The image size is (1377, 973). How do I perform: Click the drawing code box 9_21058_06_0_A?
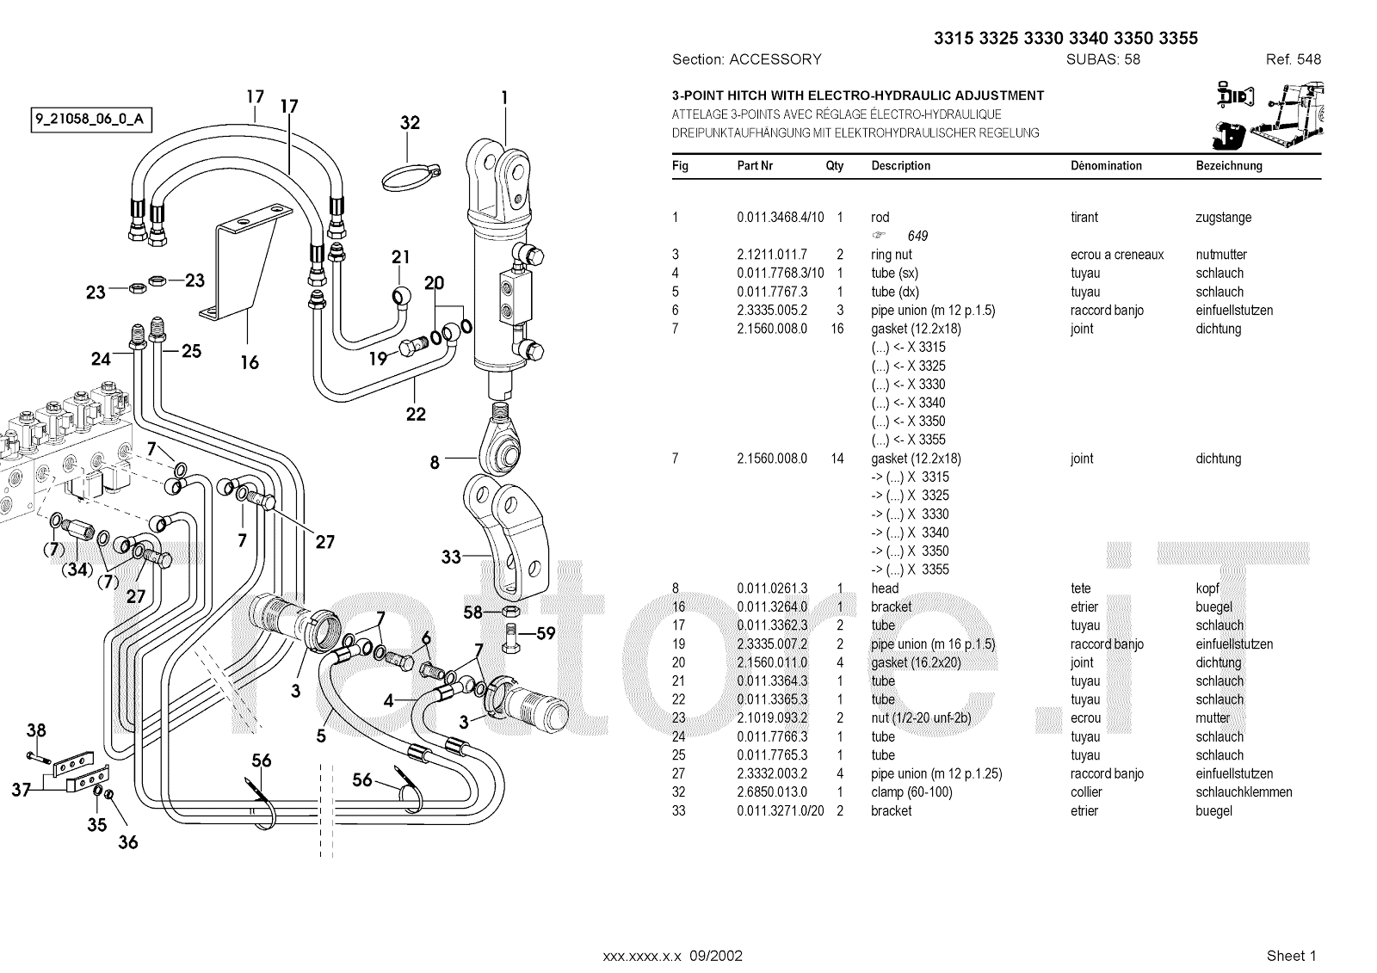(91, 120)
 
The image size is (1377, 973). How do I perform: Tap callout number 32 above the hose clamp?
(410, 123)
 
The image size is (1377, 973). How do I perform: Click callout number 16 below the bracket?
(250, 363)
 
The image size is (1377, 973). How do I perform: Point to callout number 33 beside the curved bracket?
(451, 557)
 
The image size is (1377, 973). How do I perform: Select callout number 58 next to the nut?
(472, 613)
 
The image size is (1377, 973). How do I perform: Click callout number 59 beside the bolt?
(546, 633)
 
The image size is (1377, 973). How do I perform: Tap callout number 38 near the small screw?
(36, 730)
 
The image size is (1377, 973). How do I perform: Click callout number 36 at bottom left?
(128, 842)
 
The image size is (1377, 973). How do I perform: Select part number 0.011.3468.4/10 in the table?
(781, 218)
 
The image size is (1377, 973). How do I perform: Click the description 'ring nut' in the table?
(892, 255)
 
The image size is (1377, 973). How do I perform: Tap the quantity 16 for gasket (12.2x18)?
(837, 329)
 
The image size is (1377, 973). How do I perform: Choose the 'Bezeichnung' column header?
(1229, 165)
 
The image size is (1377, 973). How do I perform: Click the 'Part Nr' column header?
(755, 165)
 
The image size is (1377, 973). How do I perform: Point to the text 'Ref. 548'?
(1294, 59)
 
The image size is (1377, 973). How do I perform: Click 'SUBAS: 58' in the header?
(1103, 59)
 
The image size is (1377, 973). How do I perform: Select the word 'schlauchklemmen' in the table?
(1244, 792)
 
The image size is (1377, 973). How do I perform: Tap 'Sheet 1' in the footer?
(1292, 956)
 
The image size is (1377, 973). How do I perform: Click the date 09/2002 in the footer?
(716, 956)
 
